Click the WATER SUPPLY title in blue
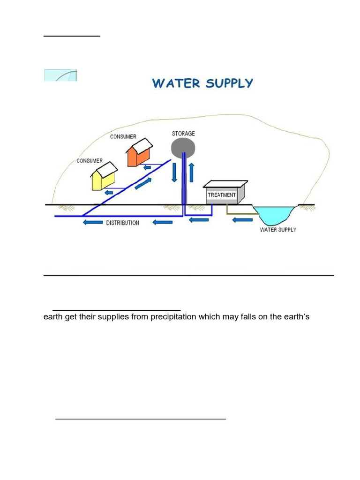pos(202,83)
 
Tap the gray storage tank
pos(183,148)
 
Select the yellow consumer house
pos(104,176)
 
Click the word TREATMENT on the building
pos(222,195)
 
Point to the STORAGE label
pos(183,134)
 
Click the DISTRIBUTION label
pos(122,223)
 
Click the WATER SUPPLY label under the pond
pos(278,230)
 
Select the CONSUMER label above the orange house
pos(123,136)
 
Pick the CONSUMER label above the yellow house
pos(90,161)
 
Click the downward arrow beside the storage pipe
pos(174,172)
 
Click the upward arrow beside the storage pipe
pos(191,172)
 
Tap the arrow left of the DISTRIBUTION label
pos(93,222)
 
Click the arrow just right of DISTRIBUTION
pos(163,222)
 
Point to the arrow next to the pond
pos(242,219)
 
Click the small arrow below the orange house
pos(147,167)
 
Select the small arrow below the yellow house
pos(109,192)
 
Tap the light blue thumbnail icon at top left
pos(60,75)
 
